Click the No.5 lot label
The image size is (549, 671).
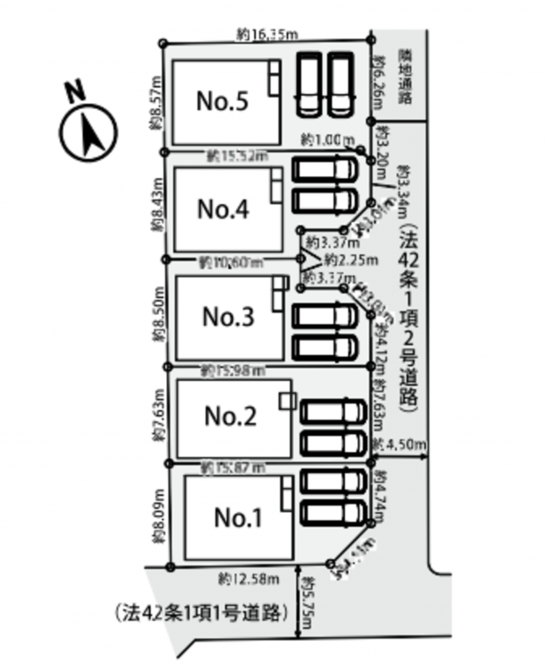(x=222, y=101)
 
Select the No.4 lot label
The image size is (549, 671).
(x=223, y=209)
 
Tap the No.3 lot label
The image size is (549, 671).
(x=228, y=316)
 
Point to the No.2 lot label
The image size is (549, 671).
(x=231, y=416)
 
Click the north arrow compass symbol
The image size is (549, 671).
(x=89, y=135)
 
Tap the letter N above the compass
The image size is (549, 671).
(x=75, y=91)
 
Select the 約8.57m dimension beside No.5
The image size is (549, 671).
(x=156, y=103)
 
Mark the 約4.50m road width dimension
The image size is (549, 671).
(x=401, y=445)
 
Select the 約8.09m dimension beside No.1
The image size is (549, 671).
(x=158, y=517)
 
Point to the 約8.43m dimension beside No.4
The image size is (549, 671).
(x=156, y=208)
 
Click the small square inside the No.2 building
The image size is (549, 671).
(x=286, y=400)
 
